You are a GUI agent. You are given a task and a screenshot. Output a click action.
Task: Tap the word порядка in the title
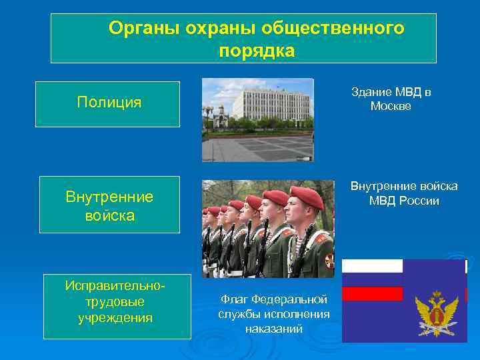[x=256, y=51]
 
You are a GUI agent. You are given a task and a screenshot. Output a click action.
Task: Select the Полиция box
[x=109, y=103]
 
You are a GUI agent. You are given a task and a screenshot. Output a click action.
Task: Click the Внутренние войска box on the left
[x=109, y=205]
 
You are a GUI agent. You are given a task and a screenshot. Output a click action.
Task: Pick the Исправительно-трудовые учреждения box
[x=117, y=301]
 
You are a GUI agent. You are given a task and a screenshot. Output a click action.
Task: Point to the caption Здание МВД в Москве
[x=391, y=99]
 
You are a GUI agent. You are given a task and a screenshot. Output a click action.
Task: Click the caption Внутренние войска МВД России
[x=404, y=194]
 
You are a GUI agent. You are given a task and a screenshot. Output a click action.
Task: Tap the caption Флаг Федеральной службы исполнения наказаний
[x=273, y=313]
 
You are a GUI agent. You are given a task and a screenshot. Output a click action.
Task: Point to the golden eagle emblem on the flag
[x=437, y=313]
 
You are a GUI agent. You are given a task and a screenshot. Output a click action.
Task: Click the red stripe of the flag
[x=373, y=294]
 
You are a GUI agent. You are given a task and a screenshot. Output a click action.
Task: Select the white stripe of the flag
[x=373, y=266]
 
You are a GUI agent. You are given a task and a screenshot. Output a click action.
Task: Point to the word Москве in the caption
[x=391, y=106]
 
